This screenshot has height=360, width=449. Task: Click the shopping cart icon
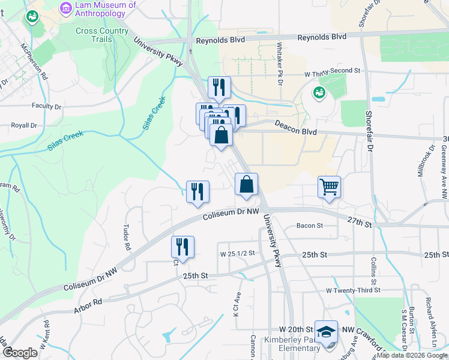[x=329, y=187]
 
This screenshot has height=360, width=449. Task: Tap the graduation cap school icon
[x=326, y=331]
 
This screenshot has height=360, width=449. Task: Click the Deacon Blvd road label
[x=295, y=127]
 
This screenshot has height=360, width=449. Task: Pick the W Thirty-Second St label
[x=332, y=71]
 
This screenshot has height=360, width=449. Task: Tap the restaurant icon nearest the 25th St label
[x=182, y=247]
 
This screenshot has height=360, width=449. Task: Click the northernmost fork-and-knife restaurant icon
[x=219, y=87]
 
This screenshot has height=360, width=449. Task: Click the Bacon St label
[x=310, y=226]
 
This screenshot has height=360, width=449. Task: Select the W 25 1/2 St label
[x=237, y=253]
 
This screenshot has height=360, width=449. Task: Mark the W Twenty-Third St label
[x=353, y=290]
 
